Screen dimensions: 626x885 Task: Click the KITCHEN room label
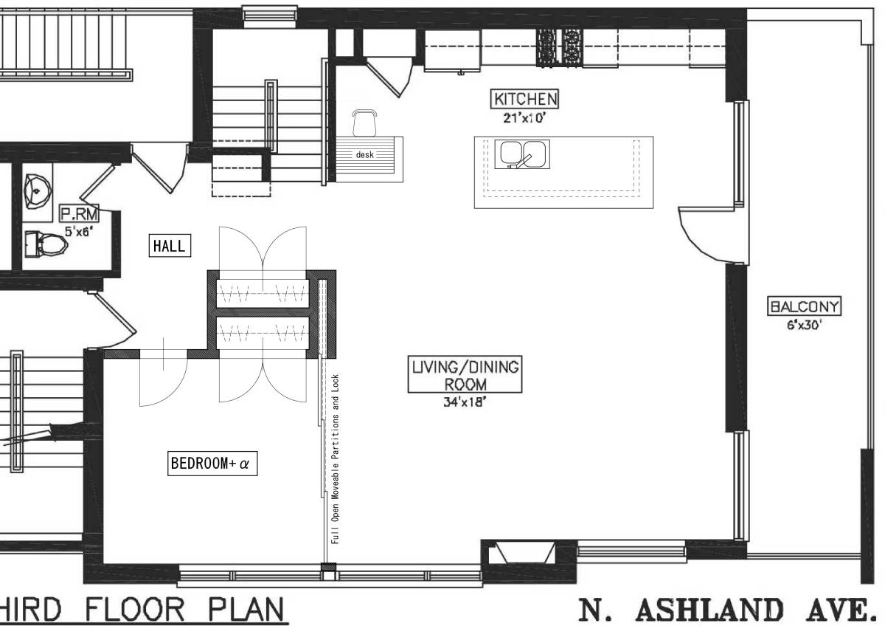click(525, 98)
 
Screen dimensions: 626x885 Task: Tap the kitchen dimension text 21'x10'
click(524, 117)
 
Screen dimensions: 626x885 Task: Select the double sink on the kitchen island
click(523, 154)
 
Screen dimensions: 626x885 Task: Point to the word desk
click(364, 155)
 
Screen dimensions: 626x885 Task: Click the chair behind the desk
click(365, 122)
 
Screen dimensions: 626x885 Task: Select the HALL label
click(170, 246)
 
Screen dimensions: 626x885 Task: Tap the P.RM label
click(79, 215)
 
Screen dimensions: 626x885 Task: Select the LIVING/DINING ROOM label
click(465, 374)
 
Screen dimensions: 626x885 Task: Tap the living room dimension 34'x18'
click(465, 402)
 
